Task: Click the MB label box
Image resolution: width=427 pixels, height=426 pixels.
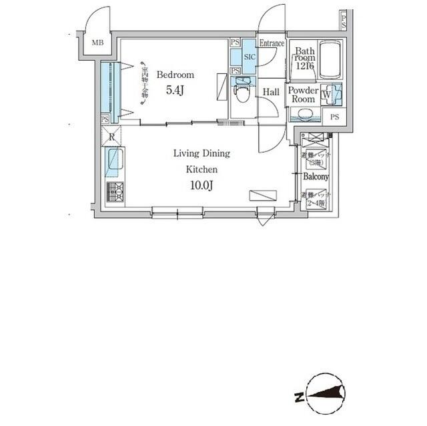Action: pos(98,44)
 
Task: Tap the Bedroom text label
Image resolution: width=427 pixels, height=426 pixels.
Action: pos(175,75)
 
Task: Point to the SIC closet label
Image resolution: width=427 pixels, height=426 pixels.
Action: pos(250,57)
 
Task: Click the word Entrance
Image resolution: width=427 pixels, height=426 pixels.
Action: pos(272,43)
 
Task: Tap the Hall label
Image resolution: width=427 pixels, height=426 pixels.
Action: pos(271,92)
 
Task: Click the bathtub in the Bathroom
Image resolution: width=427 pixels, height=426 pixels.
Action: pos(330,60)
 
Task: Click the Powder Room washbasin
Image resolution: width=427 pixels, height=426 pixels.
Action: pos(304,114)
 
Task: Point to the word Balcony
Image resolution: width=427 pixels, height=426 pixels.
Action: pos(316,177)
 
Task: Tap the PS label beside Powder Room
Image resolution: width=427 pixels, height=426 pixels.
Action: pos(334,117)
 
